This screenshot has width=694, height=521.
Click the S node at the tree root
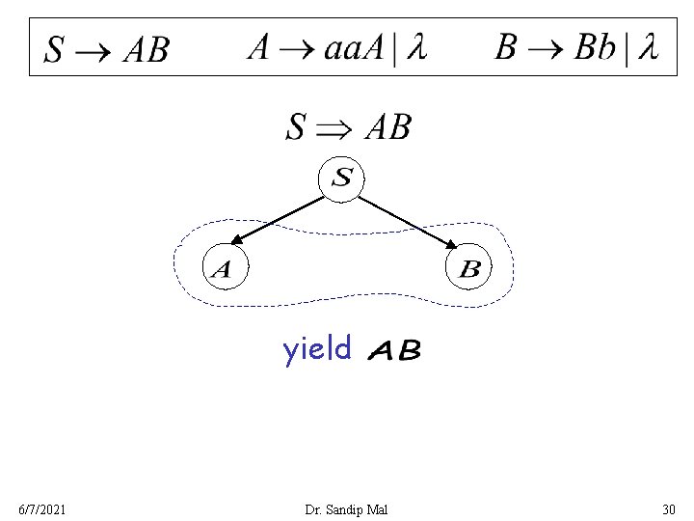pos(342,178)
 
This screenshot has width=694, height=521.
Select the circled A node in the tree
pos(223,267)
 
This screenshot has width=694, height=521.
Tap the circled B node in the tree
pos(469,267)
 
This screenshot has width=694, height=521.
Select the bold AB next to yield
pos(394,350)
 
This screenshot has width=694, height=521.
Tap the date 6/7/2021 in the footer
pos(42,508)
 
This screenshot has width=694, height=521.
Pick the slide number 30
pos(668,508)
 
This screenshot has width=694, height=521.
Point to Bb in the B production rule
pos(594,48)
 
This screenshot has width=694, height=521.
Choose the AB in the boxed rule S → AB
pos(146,49)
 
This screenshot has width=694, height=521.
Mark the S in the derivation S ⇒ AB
pos(297,127)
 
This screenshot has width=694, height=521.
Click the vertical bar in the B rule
pos(626,49)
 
